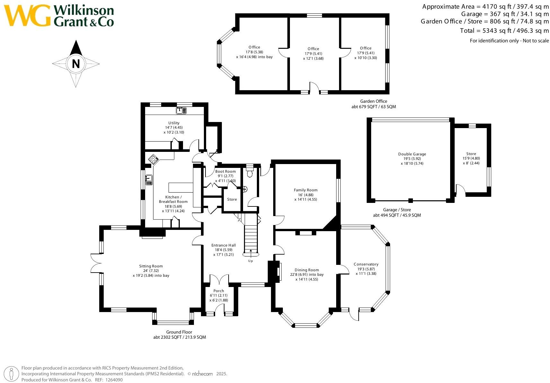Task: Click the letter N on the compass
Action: (x=76, y=64)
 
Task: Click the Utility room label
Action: (x=174, y=123)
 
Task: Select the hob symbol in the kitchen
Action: (x=153, y=159)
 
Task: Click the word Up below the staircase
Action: (x=250, y=261)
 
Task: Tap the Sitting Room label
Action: (x=151, y=266)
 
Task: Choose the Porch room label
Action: (x=219, y=291)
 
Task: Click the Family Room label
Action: (x=306, y=190)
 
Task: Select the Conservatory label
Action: (x=366, y=264)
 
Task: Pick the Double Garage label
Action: (x=412, y=154)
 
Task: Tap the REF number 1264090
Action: (x=114, y=380)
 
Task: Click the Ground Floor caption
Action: (x=179, y=332)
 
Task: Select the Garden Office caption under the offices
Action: (x=373, y=101)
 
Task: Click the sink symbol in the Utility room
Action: (x=181, y=110)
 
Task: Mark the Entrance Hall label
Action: (x=223, y=245)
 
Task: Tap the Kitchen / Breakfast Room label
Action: (x=173, y=199)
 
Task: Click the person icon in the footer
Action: (x=11, y=374)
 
